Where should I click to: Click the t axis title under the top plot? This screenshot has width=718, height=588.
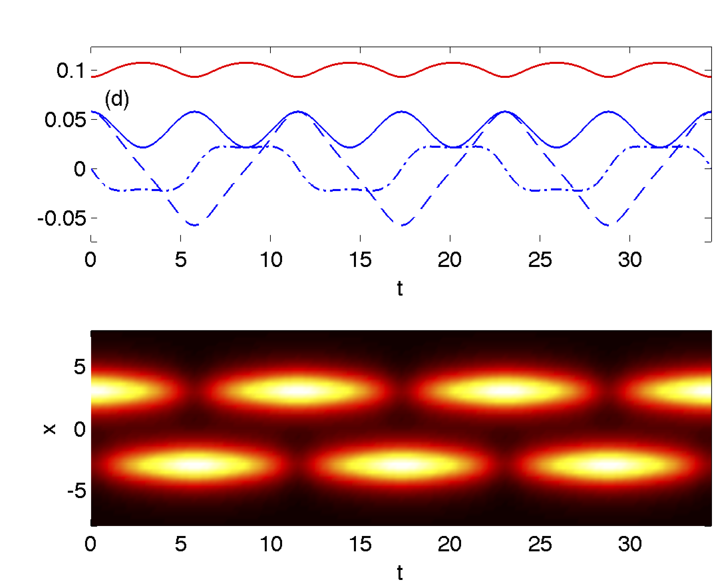[400, 289]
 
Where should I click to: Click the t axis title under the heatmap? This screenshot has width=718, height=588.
[400, 572]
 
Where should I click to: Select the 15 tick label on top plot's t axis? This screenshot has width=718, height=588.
[360, 259]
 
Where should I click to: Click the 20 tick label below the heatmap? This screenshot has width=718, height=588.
[450, 543]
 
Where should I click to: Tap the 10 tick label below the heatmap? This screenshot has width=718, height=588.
[270, 543]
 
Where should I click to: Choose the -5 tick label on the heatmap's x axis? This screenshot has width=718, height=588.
[75, 491]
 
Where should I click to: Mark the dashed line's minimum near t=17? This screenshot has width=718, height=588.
[403, 226]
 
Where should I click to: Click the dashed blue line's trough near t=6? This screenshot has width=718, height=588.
[195, 226]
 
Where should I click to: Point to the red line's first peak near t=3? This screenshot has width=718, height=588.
[142, 63]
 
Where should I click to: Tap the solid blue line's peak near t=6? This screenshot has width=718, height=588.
[194, 111]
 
